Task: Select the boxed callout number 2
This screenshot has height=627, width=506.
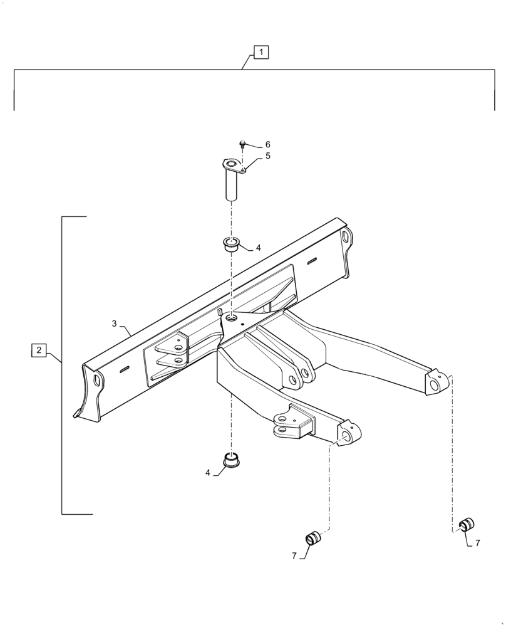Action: click(x=39, y=350)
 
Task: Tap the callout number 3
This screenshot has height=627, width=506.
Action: click(x=114, y=324)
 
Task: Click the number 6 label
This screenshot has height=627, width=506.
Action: click(x=267, y=145)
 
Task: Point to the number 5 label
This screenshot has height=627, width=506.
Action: click(x=267, y=156)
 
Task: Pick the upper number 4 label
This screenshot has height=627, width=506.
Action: click(x=258, y=248)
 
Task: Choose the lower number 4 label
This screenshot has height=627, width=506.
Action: click(x=208, y=473)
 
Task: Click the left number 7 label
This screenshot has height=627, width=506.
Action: click(x=294, y=556)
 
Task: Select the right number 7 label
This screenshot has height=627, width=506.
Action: click(x=477, y=543)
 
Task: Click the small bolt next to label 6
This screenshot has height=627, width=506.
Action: click(x=243, y=145)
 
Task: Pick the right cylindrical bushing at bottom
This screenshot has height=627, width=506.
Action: click(x=467, y=524)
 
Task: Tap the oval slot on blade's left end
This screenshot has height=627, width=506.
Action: click(x=97, y=381)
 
